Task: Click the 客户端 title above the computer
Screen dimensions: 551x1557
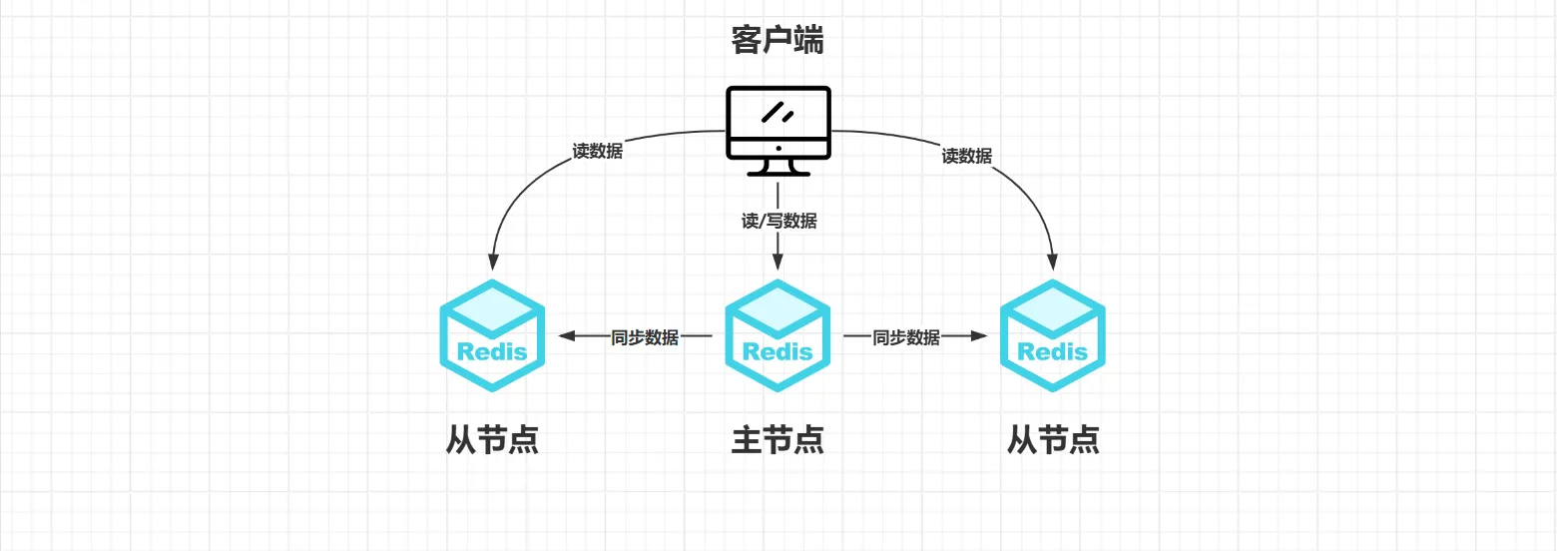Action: pos(778,41)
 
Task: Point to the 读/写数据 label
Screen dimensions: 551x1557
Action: pos(778,221)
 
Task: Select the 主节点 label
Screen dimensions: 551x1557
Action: pos(778,440)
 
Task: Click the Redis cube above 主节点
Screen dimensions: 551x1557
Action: pos(778,335)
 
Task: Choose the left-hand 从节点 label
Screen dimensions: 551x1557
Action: pos(492,440)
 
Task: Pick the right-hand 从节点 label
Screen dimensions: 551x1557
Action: pos(1053,440)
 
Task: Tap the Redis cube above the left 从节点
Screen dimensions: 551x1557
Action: pos(492,335)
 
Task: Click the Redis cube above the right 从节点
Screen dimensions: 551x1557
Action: pos(1053,335)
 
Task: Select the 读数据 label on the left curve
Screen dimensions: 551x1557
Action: pos(597,152)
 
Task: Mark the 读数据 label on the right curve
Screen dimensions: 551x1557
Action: pos(966,156)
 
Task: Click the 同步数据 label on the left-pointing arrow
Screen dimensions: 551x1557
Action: pos(645,337)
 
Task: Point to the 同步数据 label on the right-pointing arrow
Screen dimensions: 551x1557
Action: pos(906,337)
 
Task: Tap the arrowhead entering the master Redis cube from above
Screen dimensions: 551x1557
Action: pos(778,263)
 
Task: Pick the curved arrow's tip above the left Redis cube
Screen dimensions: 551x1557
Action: pos(492,263)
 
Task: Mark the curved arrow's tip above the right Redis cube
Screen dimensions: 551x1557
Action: pos(1053,263)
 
